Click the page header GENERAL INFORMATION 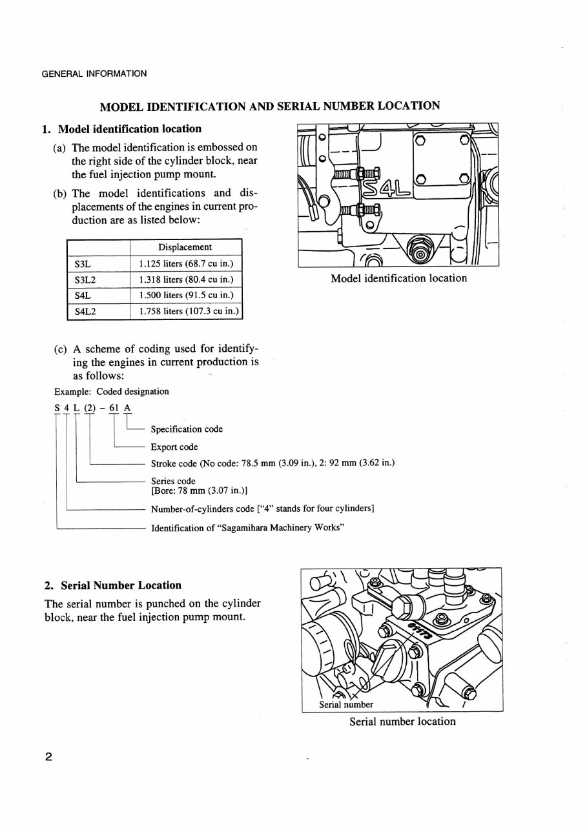pyautogui.click(x=94, y=74)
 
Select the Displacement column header pyautogui.click(x=185, y=247)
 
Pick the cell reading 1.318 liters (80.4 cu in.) pyautogui.click(x=185, y=280)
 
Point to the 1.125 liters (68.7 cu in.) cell pyautogui.click(x=185, y=264)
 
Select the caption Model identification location pyautogui.click(x=398, y=278)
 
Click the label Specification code pyautogui.click(x=187, y=429)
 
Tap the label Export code pyautogui.click(x=174, y=447)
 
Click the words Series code pyautogui.click(x=173, y=481)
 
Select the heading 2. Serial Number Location pyautogui.click(x=112, y=585)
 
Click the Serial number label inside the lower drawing pyautogui.click(x=346, y=704)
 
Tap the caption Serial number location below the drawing pyautogui.click(x=402, y=722)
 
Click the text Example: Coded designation pyautogui.click(x=111, y=391)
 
